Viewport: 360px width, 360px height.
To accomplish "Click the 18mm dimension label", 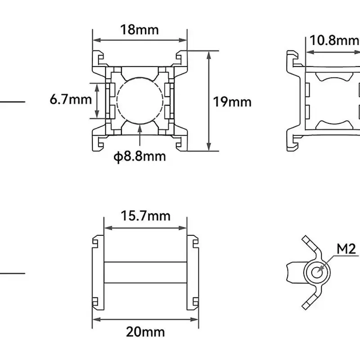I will click(x=139, y=30).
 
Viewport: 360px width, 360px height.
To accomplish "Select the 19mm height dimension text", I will click(x=232, y=102).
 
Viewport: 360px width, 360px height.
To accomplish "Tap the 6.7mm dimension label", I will click(x=71, y=99).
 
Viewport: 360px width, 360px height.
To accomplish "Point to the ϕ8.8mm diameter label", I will click(x=139, y=157).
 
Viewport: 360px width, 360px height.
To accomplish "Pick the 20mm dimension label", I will click(x=145, y=332).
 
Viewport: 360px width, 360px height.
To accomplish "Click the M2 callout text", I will click(x=346, y=248).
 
